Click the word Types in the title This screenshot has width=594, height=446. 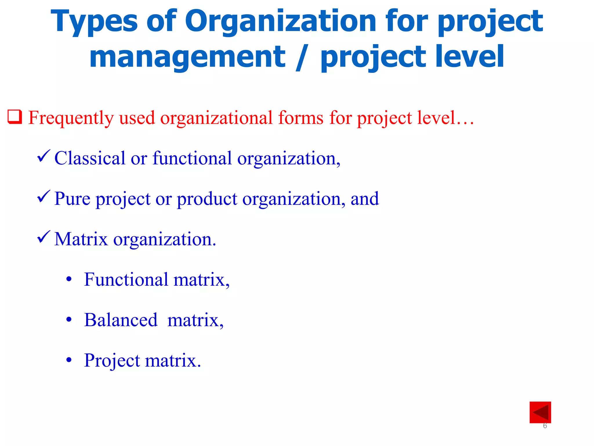click(94, 22)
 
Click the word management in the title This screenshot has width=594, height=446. click(187, 57)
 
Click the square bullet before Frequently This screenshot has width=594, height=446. click(15, 117)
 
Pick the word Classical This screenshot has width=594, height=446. click(90, 158)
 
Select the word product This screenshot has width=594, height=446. click(207, 199)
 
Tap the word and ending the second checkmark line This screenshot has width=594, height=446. click(365, 199)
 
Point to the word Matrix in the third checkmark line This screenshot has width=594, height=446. click(81, 239)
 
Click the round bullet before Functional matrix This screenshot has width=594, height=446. click(69, 280)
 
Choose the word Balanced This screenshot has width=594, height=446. click(121, 320)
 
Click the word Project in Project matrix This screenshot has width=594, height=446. click(112, 361)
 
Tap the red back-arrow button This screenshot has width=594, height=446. click(540, 412)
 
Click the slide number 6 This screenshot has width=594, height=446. click(545, 426)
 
